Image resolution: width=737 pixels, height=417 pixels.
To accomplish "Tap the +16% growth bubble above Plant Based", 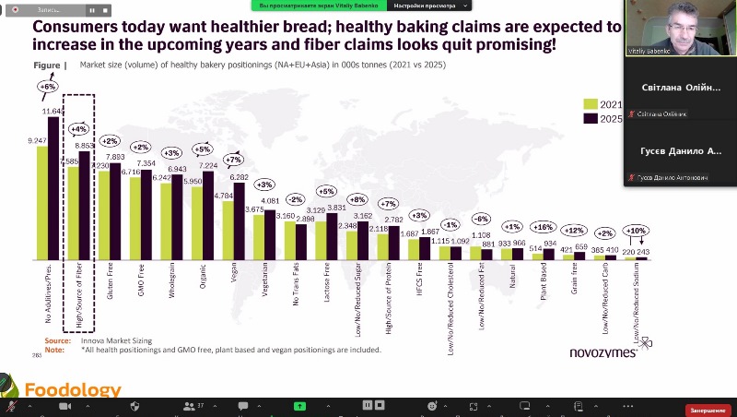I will point(543,226).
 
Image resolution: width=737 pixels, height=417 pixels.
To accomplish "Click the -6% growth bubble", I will point(481,219).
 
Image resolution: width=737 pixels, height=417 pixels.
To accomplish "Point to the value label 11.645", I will point(53,111).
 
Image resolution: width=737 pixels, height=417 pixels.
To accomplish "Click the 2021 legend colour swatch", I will point(591,104).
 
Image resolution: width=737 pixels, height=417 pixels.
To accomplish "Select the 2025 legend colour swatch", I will point(591,118).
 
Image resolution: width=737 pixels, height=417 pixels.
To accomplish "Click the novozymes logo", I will point(602,353).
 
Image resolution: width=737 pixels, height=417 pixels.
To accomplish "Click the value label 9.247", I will point(38,140).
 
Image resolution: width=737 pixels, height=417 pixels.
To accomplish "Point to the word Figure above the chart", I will point(50,66).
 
